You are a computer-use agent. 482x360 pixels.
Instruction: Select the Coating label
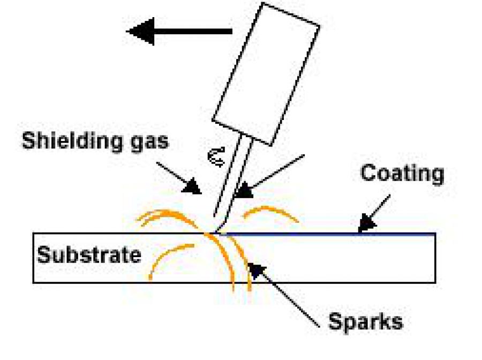[402, 174]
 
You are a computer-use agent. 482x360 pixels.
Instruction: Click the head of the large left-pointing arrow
[140, 32]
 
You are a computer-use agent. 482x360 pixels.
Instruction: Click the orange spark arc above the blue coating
[270, 212]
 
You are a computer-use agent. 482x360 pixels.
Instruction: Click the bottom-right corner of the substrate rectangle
[435, 282]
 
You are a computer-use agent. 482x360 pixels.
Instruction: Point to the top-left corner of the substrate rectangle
[33, 233]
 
